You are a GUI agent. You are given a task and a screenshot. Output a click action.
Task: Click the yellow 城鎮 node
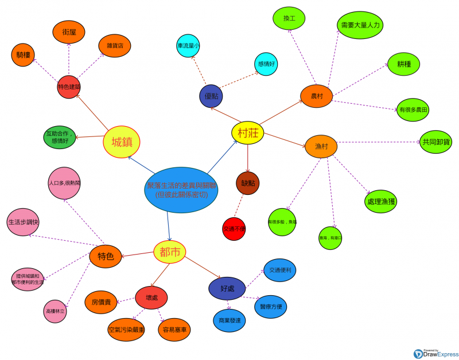tap(122, 142)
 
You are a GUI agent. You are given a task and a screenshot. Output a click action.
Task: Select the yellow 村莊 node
tap(247, 133)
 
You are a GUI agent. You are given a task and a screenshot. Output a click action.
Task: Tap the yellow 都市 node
tap(170, 252)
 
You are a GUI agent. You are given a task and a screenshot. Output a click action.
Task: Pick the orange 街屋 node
tap(69, 33)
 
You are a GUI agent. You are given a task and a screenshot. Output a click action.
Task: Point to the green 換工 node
tap(289, 18)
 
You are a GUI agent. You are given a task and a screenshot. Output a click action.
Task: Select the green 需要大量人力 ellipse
tap(360, 25)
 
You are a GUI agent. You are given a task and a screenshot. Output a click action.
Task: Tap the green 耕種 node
tap(404, 64)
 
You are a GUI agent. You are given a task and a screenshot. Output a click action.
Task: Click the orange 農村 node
tap(317, 96)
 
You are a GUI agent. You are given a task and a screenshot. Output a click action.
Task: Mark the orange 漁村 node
tap(321, 146)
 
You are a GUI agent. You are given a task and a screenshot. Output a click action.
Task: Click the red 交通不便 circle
tap(234, 229)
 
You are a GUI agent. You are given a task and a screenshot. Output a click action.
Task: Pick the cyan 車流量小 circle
tap(188, 46)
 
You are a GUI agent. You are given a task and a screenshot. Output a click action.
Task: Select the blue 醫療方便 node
tap(271, 307)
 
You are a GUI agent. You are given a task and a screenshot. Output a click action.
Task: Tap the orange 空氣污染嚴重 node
tap(126, 330)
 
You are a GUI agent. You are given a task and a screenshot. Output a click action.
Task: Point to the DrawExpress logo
tap(435, 353)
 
